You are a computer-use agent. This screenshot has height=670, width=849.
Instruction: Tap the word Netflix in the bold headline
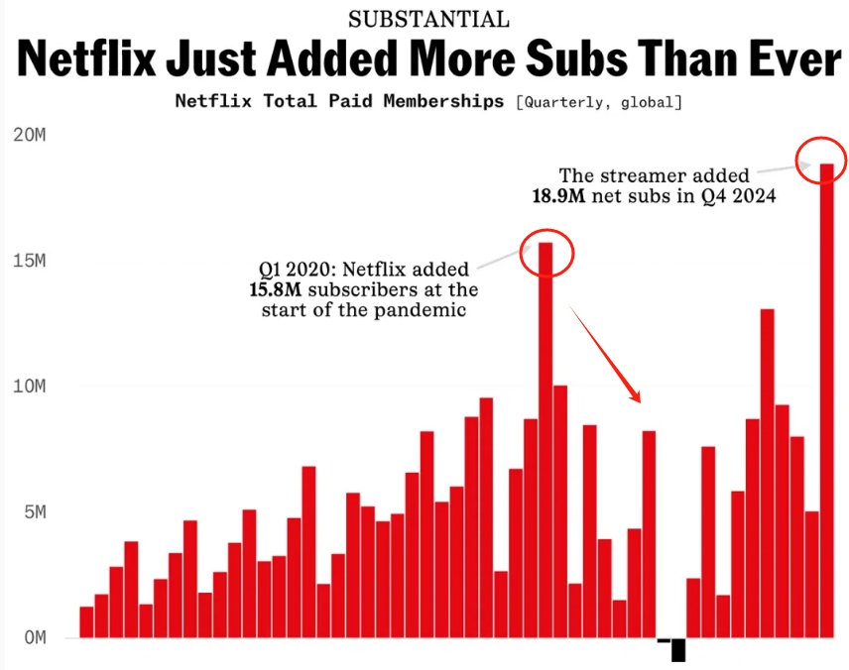(85, 60)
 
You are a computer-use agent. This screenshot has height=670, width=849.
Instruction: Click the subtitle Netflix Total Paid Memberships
(338, 101)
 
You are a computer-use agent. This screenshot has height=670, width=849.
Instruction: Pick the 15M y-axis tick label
(30, 261)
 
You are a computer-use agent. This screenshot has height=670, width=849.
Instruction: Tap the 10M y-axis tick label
(30, 387)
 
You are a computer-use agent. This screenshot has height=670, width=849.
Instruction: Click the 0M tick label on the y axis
(35, 638)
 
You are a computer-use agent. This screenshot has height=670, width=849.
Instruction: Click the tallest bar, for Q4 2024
(826, 396)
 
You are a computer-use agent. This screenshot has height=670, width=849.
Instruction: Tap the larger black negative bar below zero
(678, 650)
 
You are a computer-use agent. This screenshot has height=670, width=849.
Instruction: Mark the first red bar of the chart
(86, 621)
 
